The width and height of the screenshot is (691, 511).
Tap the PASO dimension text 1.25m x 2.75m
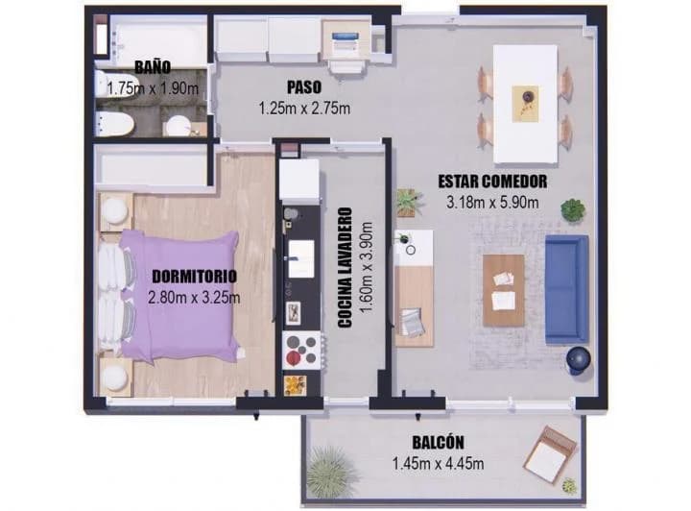point(304,108)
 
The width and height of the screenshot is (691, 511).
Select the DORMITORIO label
point(194,277)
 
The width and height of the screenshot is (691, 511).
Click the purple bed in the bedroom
point(181,296)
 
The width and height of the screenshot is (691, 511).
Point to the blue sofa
point(567,289)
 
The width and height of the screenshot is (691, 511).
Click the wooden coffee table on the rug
point(504,290)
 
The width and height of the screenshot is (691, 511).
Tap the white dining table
point(525,104)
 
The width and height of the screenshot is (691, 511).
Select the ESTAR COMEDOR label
point(492,182)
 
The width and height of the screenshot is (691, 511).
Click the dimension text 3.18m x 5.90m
point(492,203)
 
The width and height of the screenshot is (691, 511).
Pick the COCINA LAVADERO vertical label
point(345,268)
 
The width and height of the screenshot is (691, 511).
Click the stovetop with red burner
point(301,350)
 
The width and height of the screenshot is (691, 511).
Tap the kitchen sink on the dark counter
point(301,258)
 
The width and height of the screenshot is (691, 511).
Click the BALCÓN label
point(438,442)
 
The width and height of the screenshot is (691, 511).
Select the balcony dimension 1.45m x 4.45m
point(438,463)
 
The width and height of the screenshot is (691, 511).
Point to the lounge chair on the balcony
point(551,454)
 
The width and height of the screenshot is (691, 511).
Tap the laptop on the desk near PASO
point(345,41)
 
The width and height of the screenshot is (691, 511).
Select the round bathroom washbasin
point(179,126)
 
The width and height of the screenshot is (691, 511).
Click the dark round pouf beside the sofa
point(578,359)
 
